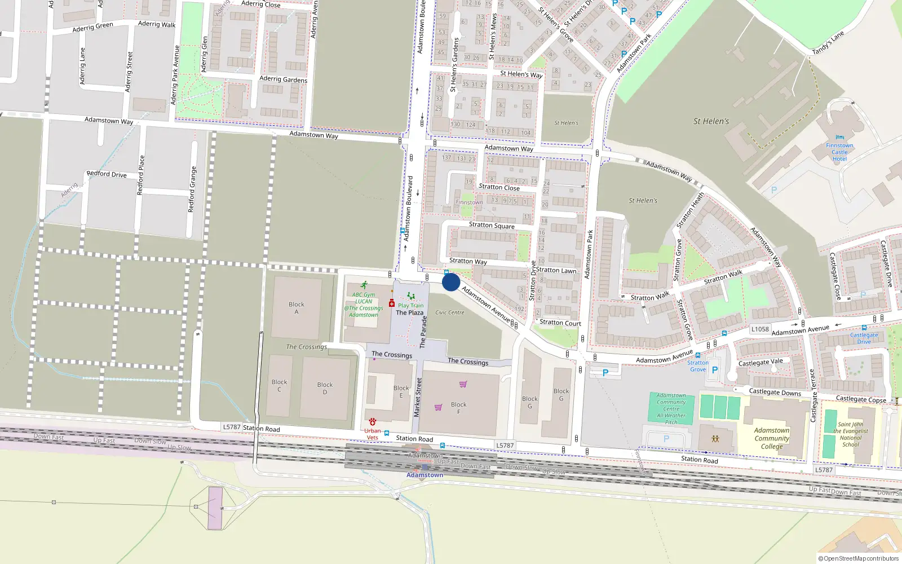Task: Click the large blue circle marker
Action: pos(451,282)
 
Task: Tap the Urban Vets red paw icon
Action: pos(373,422)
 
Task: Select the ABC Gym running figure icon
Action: pos(364,285)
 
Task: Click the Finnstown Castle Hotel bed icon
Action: pos(840,138)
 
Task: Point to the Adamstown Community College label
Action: pos(772,438)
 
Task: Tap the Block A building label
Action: pos(297,308)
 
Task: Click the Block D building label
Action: pos(325,388)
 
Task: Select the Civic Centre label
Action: pos(449,312)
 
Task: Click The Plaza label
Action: pos(409,312)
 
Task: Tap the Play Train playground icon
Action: pos(411,297)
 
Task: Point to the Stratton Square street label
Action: pos(492,225)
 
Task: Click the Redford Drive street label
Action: pos(107,174)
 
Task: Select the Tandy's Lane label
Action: pos(828,43)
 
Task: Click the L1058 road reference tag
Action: pos(760,329)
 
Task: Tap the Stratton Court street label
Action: pos(560,323)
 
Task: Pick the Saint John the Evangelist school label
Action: pos(851,434)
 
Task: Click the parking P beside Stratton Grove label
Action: pos(715,370)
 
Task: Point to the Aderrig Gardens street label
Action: pos(283,80)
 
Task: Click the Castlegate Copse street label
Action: pos(861,399)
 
